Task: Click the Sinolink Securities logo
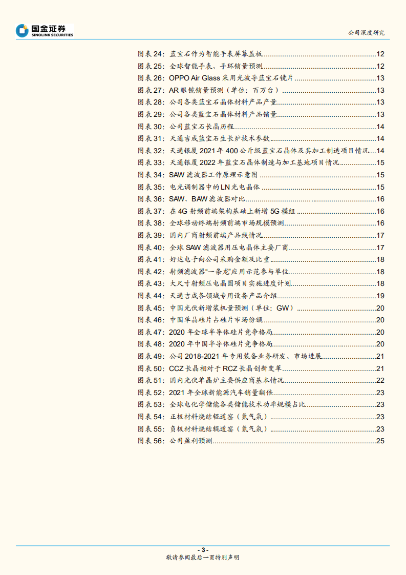[x=45, y=30]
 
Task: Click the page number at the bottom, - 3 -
[x=203, y=549]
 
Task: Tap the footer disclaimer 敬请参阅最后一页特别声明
[x=203, y=558]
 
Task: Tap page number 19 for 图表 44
[x=380, y=296]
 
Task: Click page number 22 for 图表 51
[x=380, y=381]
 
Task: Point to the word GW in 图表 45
[x=283, y=308]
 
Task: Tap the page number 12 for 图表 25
[x=380, y=66]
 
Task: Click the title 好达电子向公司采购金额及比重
[x=220, y=260]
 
